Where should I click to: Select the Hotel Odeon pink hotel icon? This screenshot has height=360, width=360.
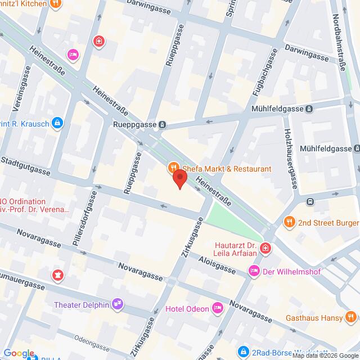pos(217,308)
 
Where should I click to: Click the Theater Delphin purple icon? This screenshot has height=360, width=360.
pos(117,304)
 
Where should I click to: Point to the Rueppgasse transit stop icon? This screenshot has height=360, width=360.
pos(162,125)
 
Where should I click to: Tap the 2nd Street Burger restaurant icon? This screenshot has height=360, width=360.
pos(289,221)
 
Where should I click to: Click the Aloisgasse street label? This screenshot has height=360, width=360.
pos(216,259)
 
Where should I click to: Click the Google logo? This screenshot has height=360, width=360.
pos(18,353)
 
